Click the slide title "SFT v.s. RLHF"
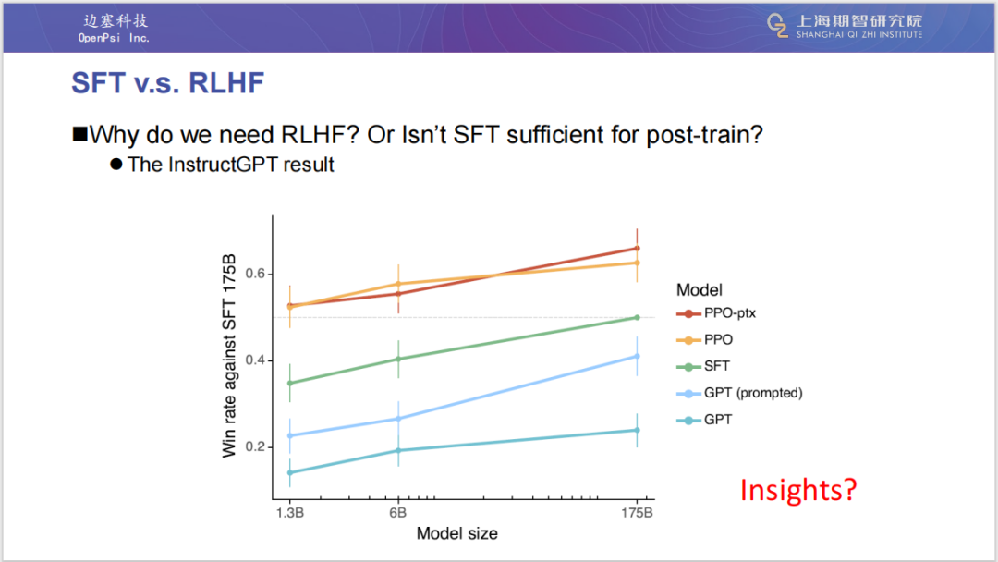coord(167,83)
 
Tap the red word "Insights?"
coord(798,489)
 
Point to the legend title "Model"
coord(700,290)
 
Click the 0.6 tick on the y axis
coord(256,274)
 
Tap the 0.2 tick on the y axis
coord(256,446)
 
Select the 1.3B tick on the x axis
coord(289,511)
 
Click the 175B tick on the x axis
coord(637,511)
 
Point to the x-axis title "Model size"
coord(456,533)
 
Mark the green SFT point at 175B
coord(637,317)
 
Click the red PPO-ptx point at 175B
coord(637,248)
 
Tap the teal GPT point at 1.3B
coord(289,472)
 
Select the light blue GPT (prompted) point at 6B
coord(398,419)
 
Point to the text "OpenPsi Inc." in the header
coord(114,38)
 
